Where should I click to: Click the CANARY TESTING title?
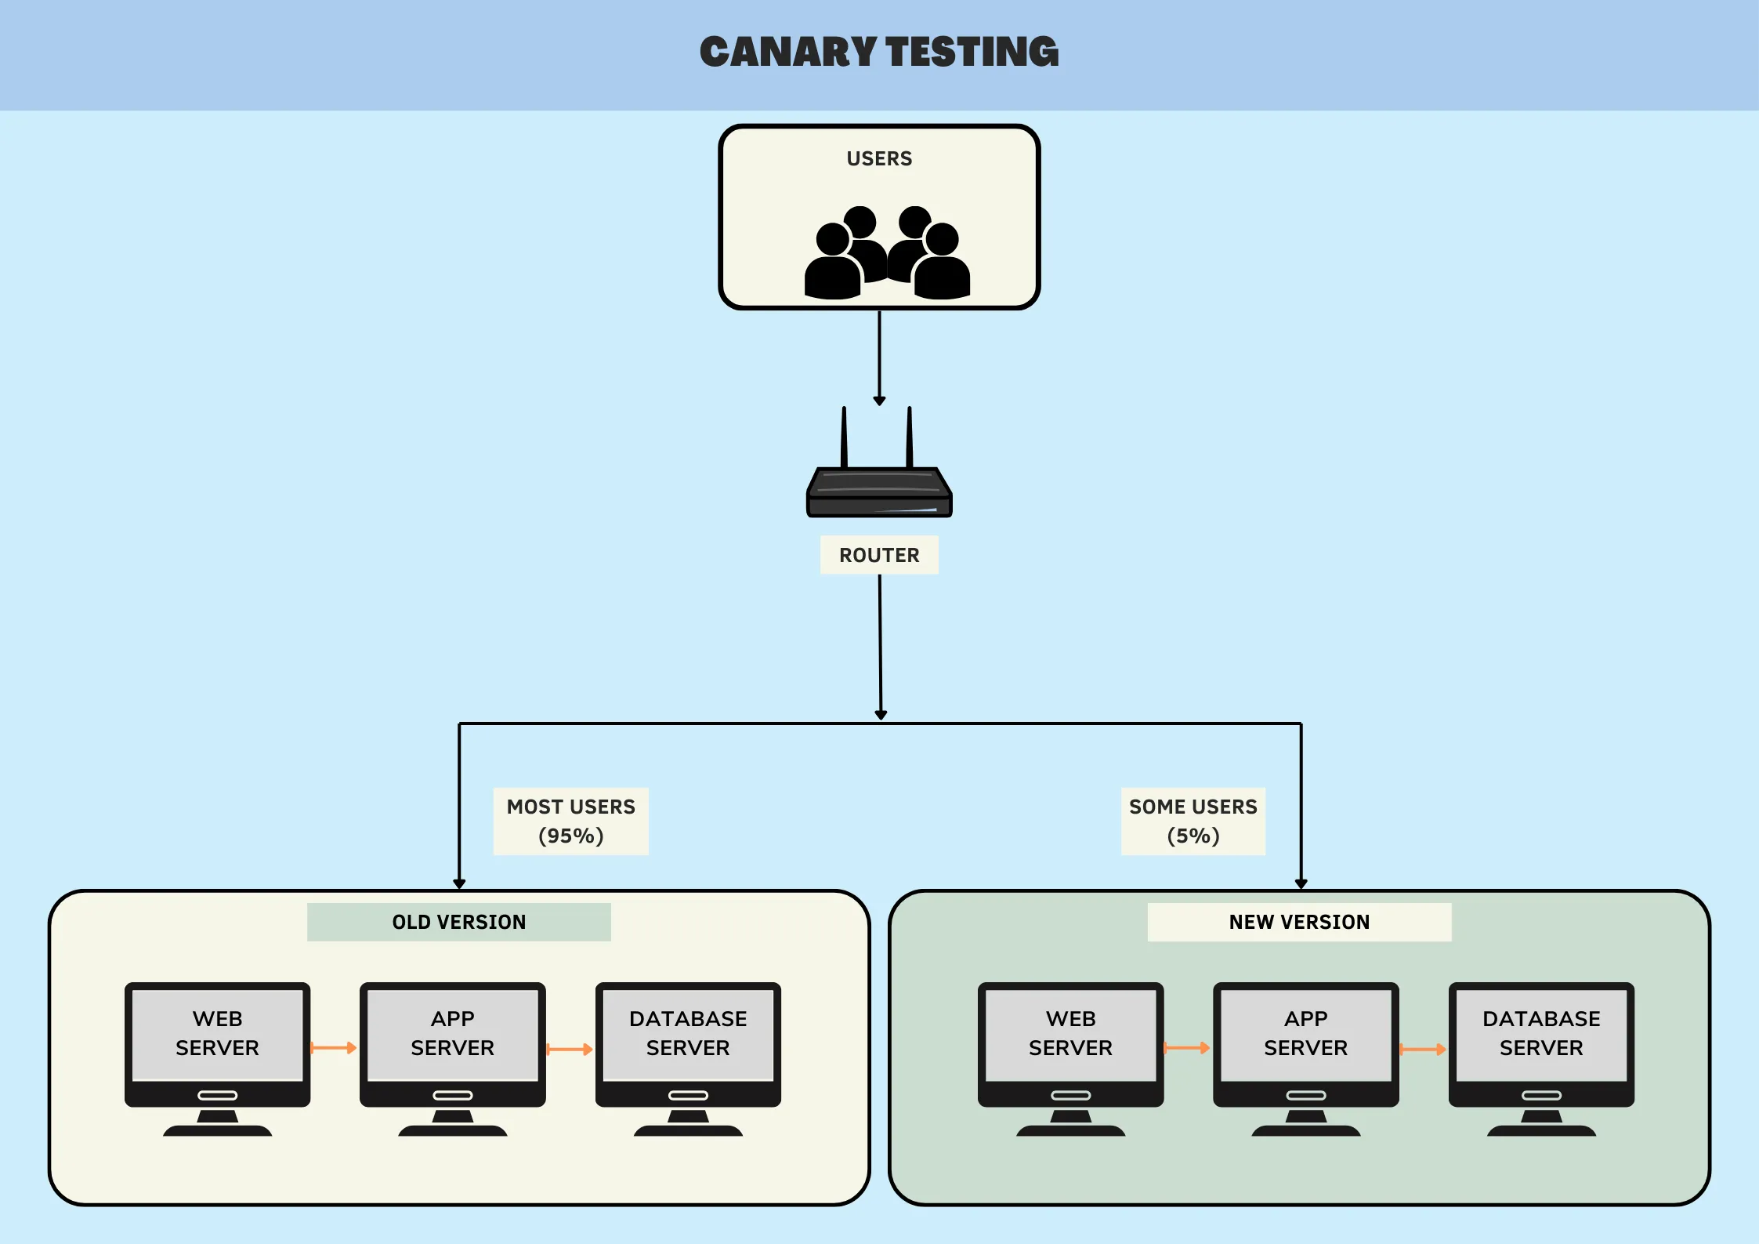point(879,52)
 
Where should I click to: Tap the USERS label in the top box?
point(879,159)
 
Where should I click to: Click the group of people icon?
point(887,252)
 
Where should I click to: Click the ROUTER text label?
point(879,555)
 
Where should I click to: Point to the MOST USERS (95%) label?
point(570,821)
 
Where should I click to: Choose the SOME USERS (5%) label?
point(1193,821)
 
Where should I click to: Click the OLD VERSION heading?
point(459,922)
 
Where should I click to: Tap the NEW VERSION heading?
point(1299,922)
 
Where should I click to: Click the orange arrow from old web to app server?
point(335,1048)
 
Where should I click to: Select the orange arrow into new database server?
point(1423,1050)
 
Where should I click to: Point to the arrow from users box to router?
point(879,357)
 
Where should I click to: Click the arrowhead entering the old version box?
point(459,883)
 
